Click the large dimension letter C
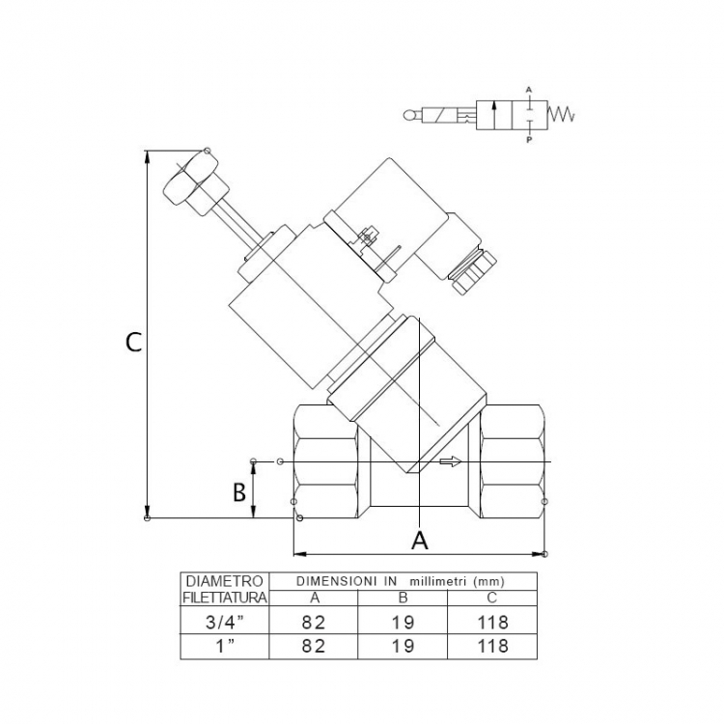point(134,343)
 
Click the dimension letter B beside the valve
point(239,492)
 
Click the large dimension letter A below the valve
point(419,541)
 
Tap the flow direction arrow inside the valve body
point(450,461)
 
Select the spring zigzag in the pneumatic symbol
point(561,113)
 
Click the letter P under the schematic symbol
point(529,139)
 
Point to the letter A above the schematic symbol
point(529,89)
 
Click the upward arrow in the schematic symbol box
point(494,116)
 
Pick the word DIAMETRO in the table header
point(224,581)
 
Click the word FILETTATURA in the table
point(224,598)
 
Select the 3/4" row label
point(224,623)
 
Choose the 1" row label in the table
point(225,646)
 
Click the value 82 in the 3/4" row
point(314,623)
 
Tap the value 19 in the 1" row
point(403,646)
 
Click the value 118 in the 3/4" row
point(492,623)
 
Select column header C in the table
point(491,598)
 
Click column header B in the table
point(403,598)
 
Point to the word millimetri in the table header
point(436,581)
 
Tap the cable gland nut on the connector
point(474,271)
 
